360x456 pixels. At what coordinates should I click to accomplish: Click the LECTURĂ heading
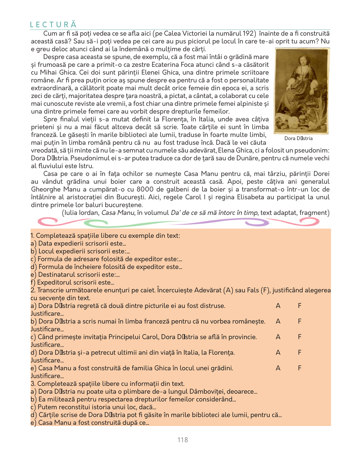coord(53,24)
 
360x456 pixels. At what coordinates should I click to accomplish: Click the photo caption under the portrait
coord(298,138)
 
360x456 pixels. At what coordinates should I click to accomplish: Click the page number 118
coord(183,440)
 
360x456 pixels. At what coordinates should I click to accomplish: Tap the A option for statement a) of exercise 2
coord(278,306)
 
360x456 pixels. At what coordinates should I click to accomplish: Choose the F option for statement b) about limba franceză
coord(300,321)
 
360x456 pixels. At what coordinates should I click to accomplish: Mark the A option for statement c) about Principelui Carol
coord(278,337)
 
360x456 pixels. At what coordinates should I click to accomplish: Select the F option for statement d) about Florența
coord(300,352)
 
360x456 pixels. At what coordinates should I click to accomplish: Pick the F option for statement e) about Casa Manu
coord(300,368)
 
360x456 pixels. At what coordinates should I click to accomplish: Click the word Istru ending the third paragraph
coord(86,166)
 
